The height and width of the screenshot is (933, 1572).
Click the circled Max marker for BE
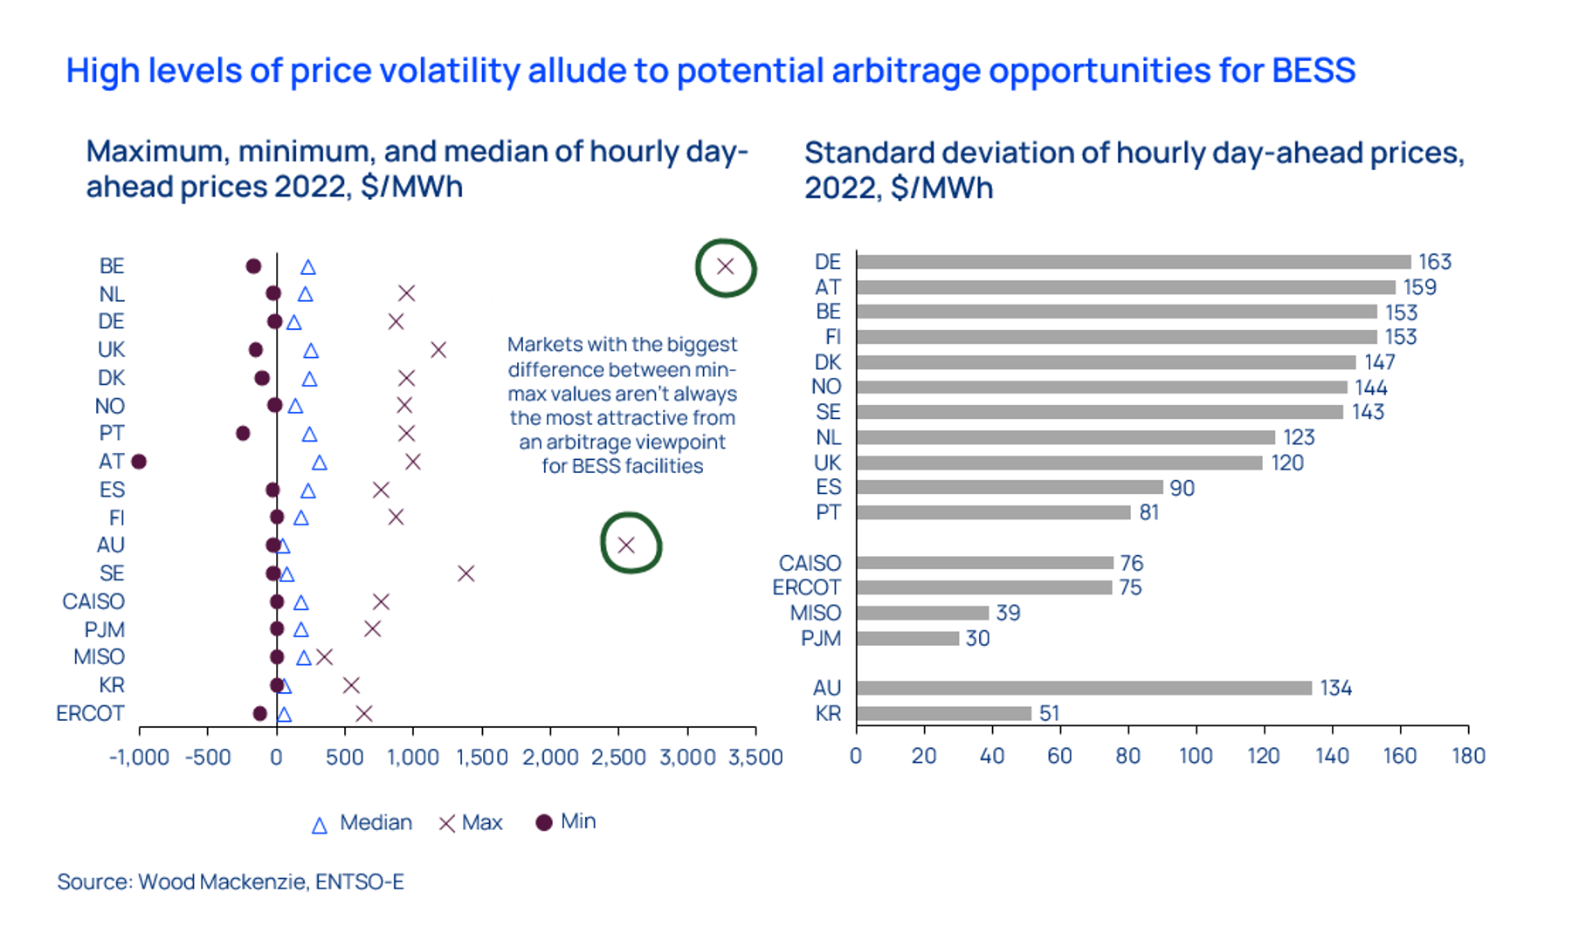[725, 267]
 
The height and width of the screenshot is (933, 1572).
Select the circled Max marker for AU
[626, 545]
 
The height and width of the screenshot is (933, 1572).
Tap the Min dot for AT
[139, 462]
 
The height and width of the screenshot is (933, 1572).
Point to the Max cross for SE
[465, 573]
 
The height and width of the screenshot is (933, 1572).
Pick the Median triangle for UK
[311, 351]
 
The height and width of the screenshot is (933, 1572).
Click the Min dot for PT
[243, 434]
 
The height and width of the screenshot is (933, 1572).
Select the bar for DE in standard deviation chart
[1133, 262]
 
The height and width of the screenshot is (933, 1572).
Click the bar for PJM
[907, 639]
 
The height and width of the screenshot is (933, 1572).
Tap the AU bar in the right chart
[1084, 689]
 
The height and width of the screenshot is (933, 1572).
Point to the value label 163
[1434, 262]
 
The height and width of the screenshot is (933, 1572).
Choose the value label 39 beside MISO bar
[1008, 614]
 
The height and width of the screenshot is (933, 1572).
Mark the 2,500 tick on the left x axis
[618, 757]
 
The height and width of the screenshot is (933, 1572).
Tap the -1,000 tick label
[139, 757]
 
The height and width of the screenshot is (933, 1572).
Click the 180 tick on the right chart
[1468, 756]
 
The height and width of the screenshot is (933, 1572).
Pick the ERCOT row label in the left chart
[90, 714]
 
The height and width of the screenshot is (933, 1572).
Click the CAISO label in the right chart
[810, 564]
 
